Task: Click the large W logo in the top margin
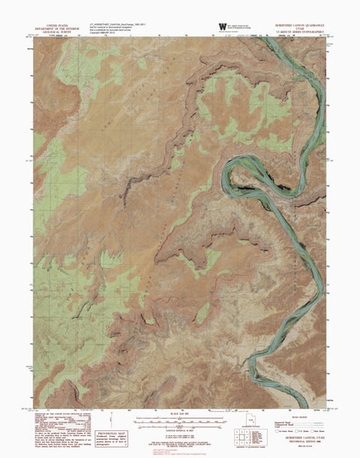(x=222, y=27)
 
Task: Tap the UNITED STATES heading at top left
(x=56, y=23)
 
